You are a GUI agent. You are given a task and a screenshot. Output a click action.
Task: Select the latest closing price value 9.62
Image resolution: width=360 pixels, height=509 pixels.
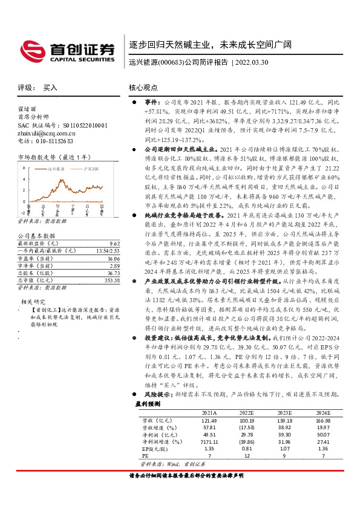[x=114, y=243]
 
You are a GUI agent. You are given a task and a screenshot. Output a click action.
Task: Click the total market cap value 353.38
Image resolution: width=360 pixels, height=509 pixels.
[x=113, y=280]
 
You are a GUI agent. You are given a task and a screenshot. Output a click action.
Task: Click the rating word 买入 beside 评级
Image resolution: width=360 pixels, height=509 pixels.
[x=50, y=88]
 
